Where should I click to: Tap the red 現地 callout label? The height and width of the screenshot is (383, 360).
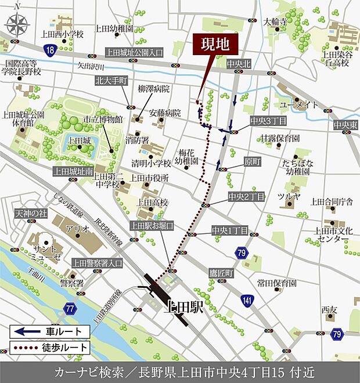coord(208,44)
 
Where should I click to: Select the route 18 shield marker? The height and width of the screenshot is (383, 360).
coord(52,50)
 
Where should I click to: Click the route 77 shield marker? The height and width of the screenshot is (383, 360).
coord(70,308)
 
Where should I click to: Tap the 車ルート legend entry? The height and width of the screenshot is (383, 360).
coord(50,331)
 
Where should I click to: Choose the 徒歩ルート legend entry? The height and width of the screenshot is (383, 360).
coord(50,348)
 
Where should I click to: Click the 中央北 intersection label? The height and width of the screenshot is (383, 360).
coord(238,63)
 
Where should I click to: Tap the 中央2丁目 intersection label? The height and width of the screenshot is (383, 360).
coord(247,197)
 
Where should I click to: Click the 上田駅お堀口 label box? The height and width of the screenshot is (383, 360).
coord(152,225)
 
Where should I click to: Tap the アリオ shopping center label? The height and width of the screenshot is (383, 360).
coord(77,228)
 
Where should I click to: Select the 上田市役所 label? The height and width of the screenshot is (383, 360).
coord(149,178)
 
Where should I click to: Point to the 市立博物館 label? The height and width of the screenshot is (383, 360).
coord(103,119)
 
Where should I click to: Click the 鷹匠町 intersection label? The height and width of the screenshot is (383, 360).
coord(221,272)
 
